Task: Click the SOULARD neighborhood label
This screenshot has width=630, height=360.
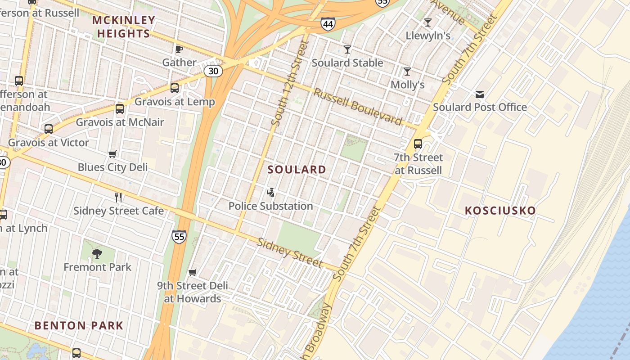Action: tap(297, 170)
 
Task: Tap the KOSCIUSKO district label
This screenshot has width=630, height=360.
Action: tap(500, 211)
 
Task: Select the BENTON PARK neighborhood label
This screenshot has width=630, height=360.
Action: tap(79, 325)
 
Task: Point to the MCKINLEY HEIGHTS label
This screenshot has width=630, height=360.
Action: tap(123, 27)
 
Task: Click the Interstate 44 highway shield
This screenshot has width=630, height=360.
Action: tap(328, 24)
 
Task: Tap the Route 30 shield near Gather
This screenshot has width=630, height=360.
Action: tap(213, 71)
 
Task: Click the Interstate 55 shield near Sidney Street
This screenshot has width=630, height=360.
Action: tap(179, 236)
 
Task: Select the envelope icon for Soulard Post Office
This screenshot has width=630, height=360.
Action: tap(479, 94)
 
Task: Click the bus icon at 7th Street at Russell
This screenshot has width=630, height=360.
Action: tap(418, 144)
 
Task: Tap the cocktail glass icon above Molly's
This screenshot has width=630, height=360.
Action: tap(407, 72)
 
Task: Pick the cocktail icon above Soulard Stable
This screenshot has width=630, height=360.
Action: tap(347, 49)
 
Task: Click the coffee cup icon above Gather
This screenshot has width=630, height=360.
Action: tap(179, 49)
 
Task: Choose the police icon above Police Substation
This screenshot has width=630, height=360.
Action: tap(270, 193)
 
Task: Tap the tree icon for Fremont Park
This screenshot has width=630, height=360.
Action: tap(97, 254)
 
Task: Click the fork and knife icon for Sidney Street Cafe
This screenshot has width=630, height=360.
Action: tap(118, 197)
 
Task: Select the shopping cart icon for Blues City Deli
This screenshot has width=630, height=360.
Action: tap(112, 154)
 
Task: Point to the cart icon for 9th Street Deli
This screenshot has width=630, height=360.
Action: tap(193, 272)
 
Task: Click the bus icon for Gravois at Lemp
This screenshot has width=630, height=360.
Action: tap(175, 88)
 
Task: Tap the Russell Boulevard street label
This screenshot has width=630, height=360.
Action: tap(358, 107)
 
